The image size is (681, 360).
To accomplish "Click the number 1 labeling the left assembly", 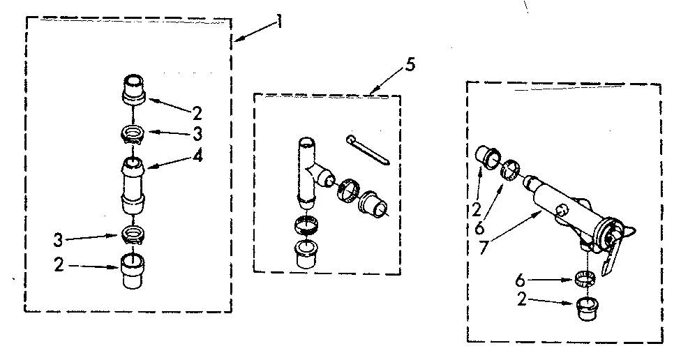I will click(279, 21).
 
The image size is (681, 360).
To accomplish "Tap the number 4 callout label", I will click(198, 156).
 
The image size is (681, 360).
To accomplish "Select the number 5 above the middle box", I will click(410, 65).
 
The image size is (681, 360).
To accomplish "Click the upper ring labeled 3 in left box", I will click(133, 134).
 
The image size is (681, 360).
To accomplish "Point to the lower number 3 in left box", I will click(59, 241).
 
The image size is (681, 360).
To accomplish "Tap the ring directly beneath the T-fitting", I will click(306, 225).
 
